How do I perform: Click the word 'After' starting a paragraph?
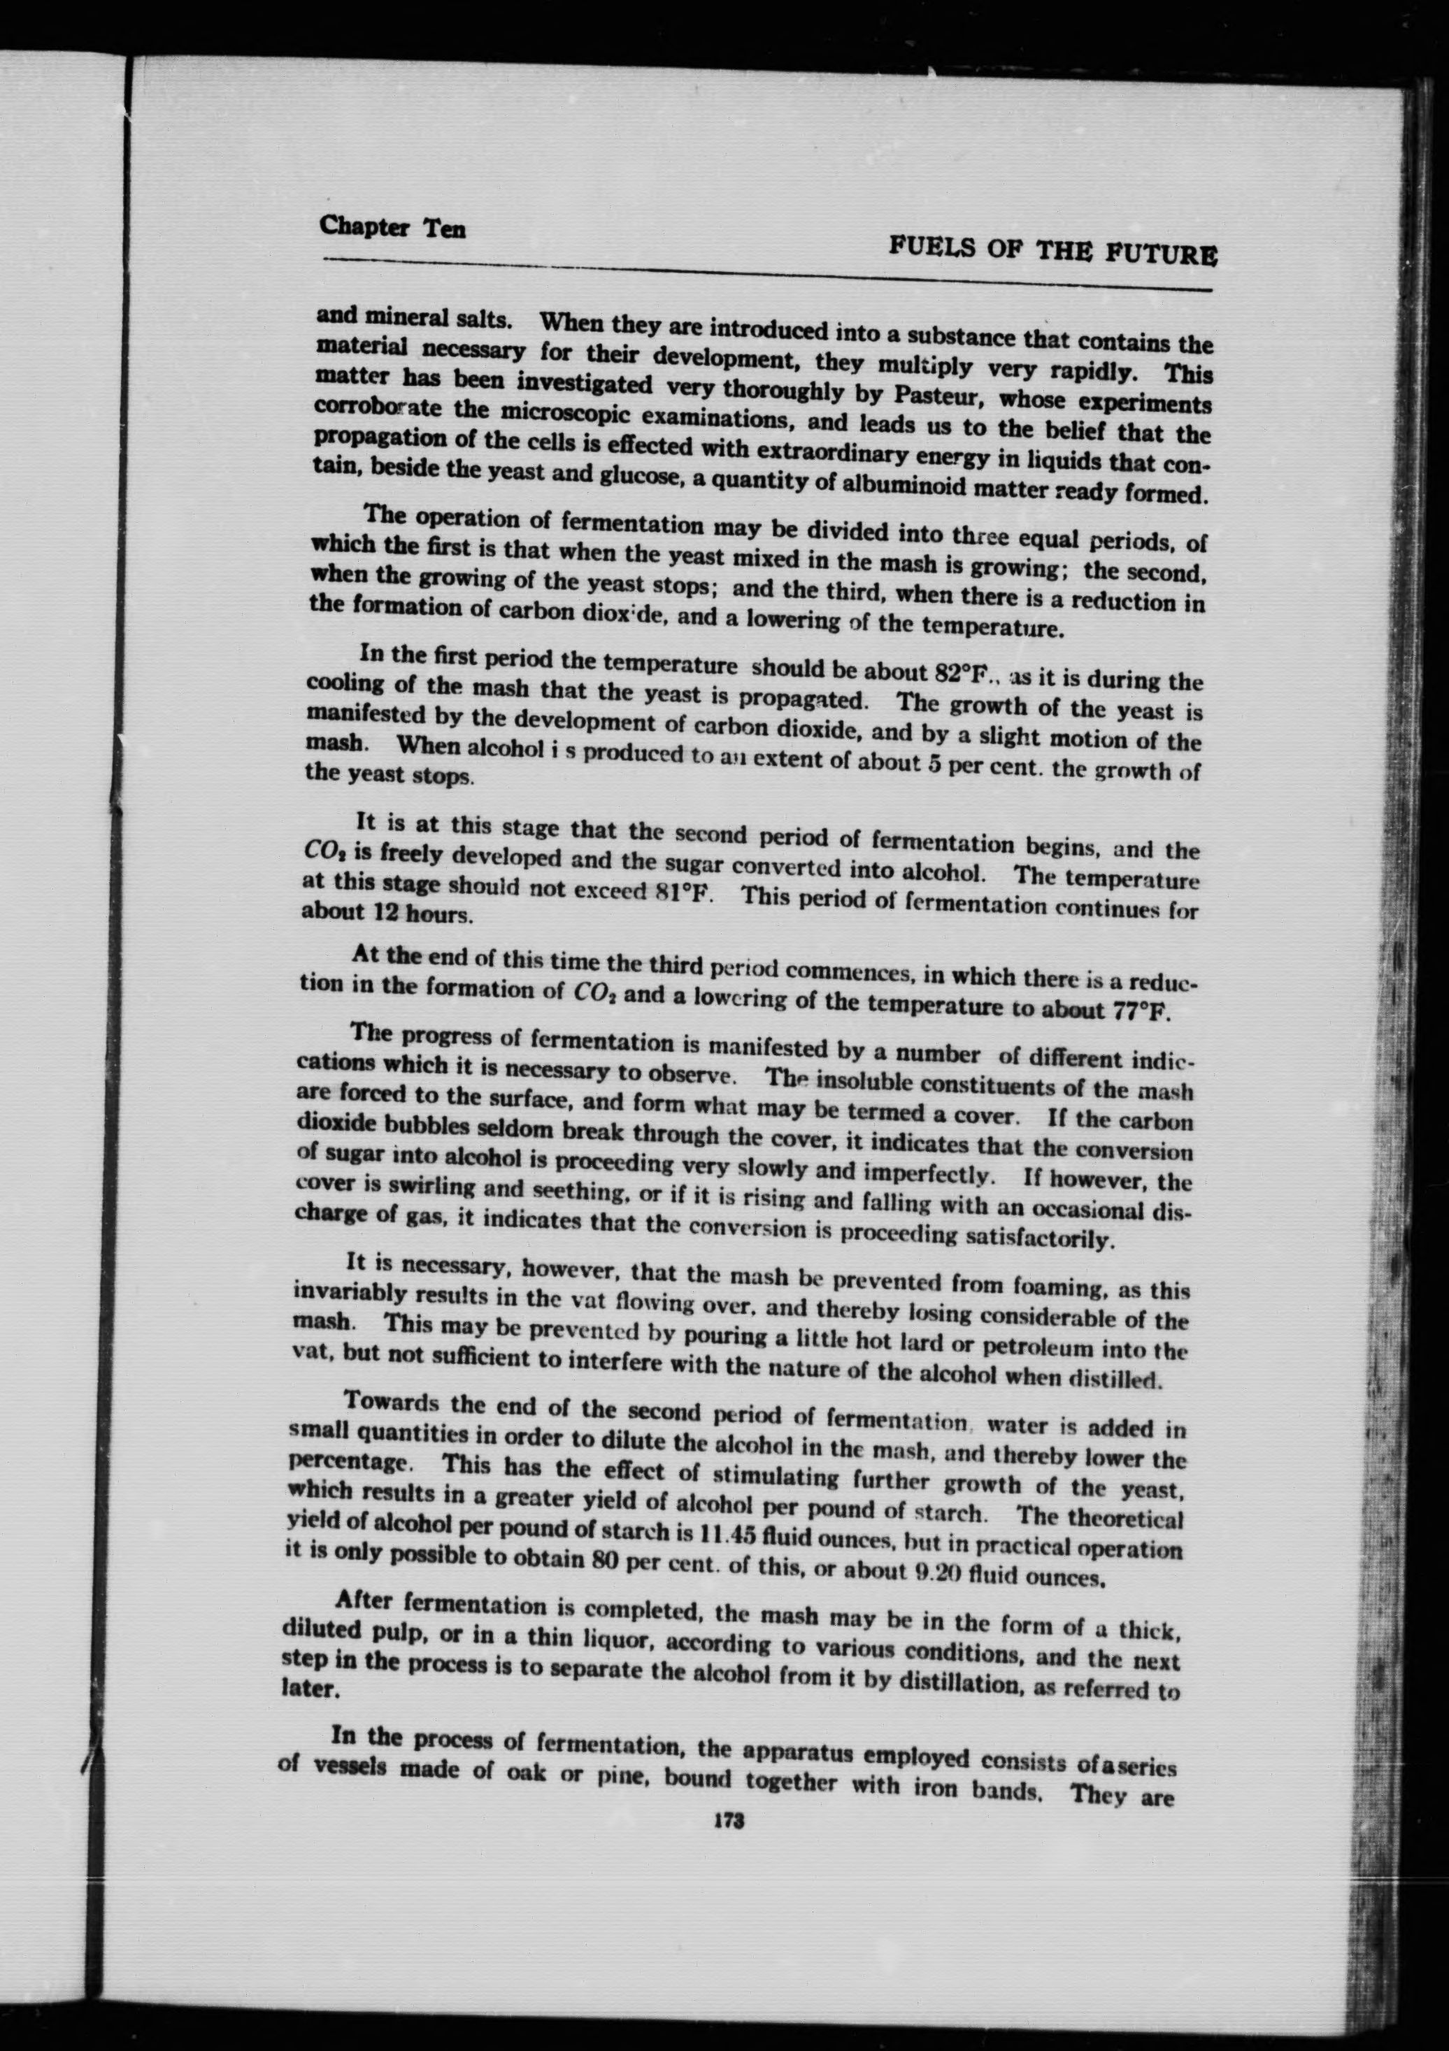coord(363,1606)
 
